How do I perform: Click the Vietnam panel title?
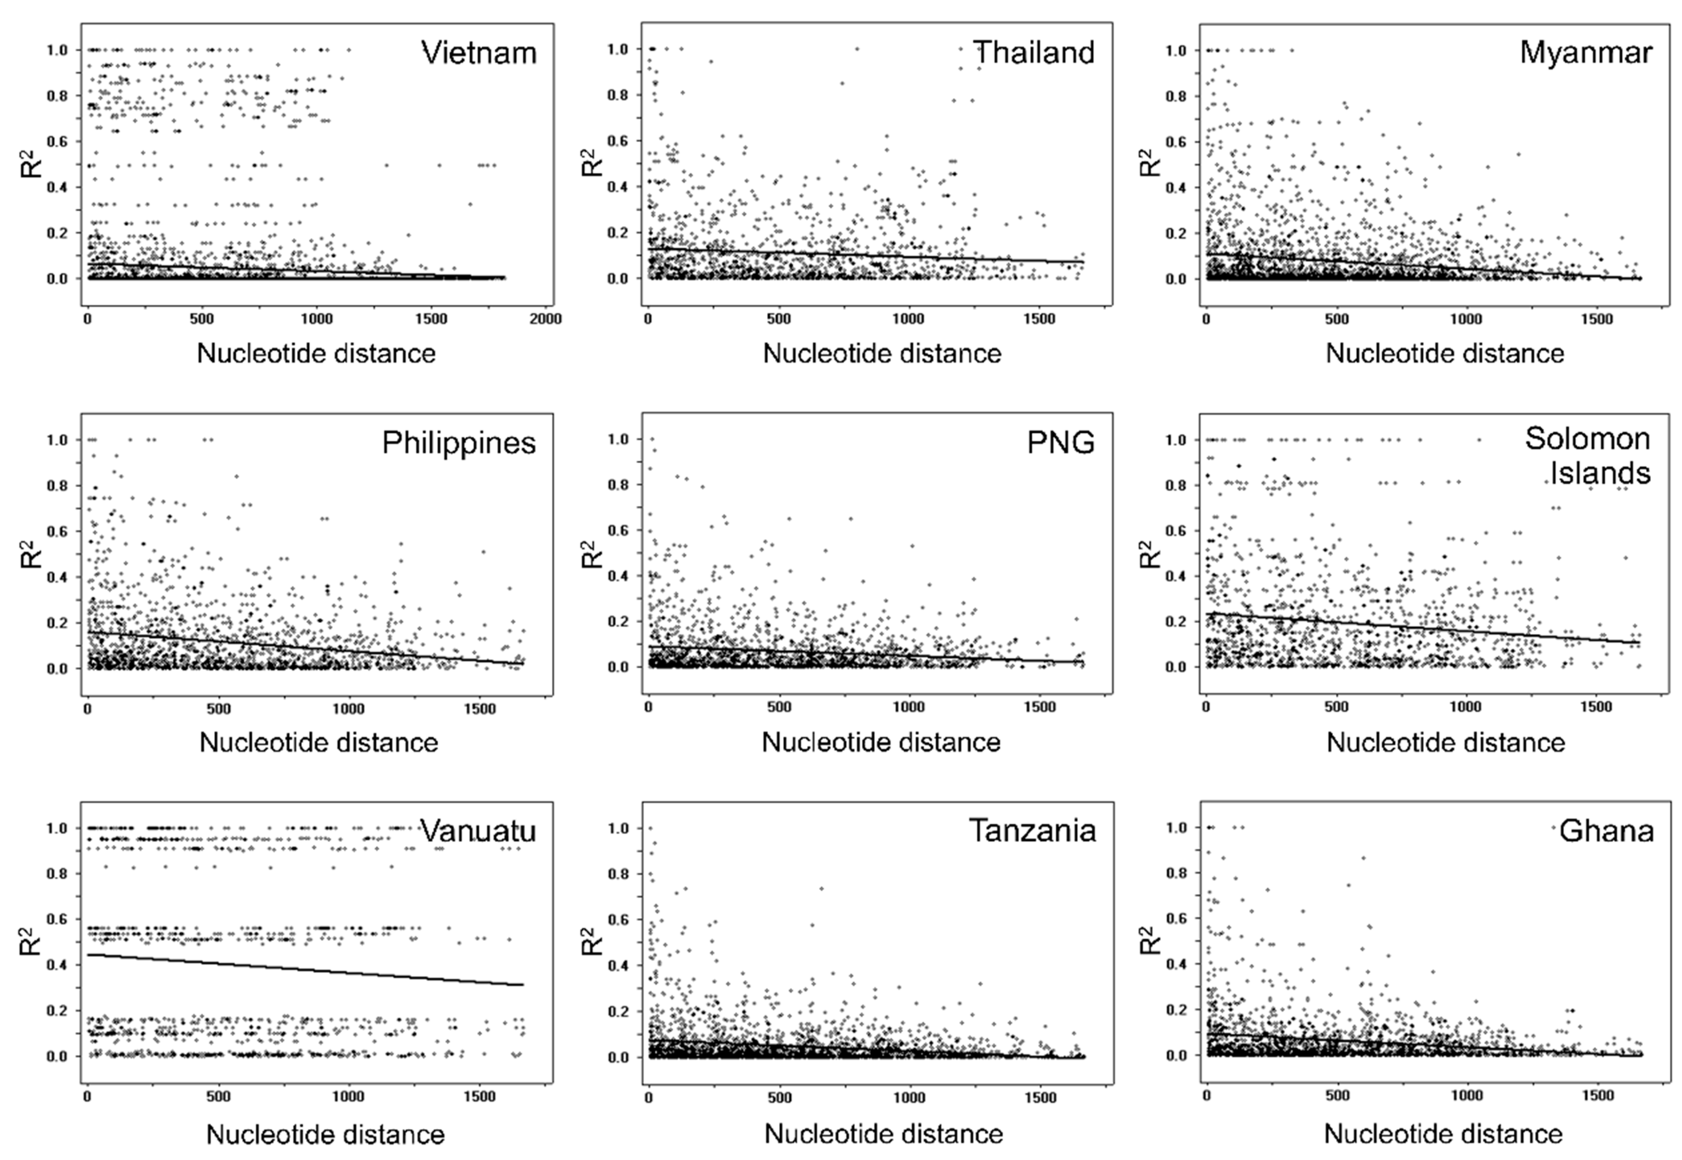coord(478,53)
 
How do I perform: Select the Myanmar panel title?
coord(1585,53)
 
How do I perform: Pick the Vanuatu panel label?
coord(478,831)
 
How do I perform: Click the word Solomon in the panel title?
coord(1587,439)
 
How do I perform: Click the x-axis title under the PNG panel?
coord(880,742)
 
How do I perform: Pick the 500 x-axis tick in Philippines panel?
coord(218,709)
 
